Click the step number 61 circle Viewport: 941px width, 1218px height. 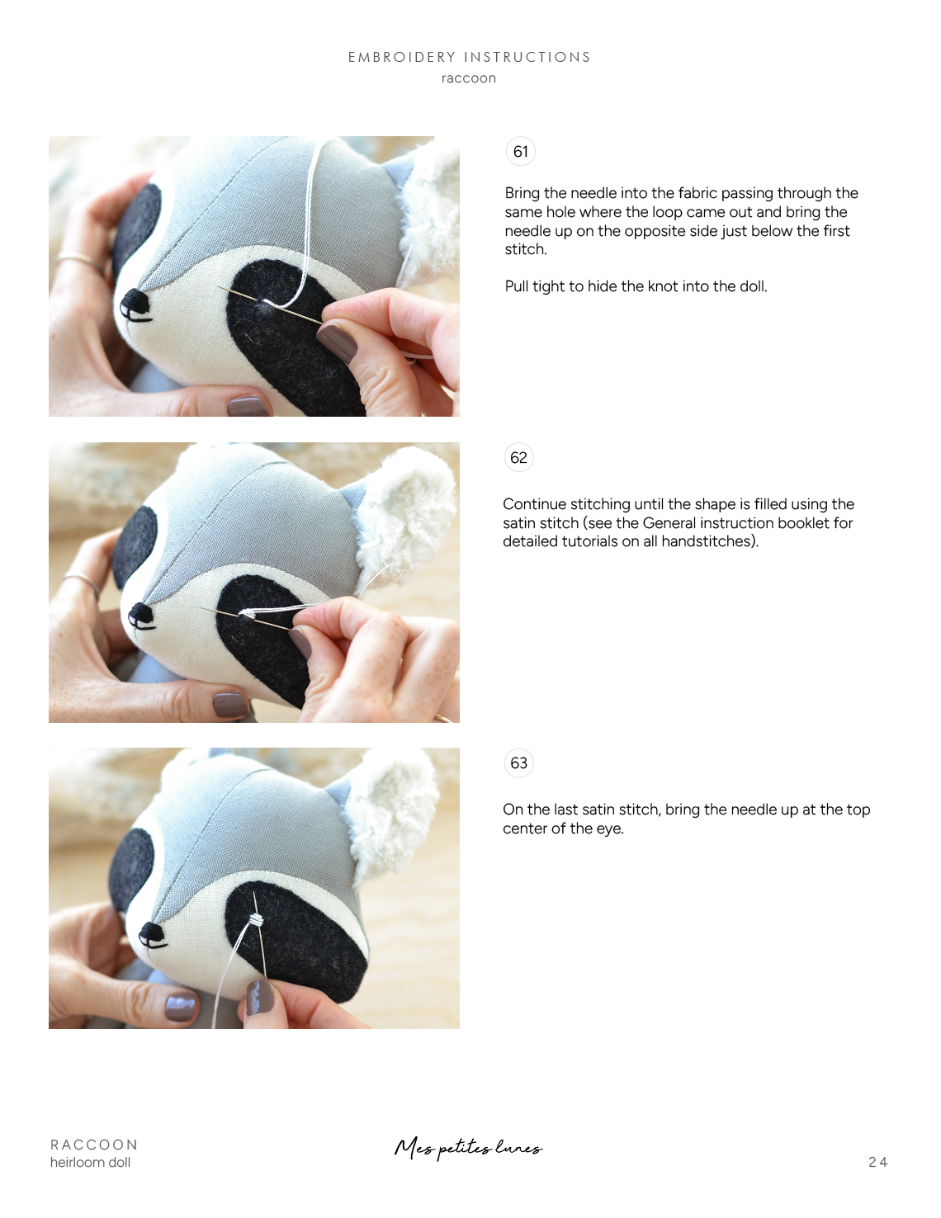pyautogui.click(x=520, y=152)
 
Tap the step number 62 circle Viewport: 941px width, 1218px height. pyautogui.click(x=518, y=458)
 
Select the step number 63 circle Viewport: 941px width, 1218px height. pyautogui.click(x=518, y=763)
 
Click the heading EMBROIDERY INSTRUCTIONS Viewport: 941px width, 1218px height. pyautogui.click(x=469, y=57)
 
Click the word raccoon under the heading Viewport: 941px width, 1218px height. pyautogui.click(x=469, y=78)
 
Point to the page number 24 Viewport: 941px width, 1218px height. pyautogui.click(x=877, y=1162)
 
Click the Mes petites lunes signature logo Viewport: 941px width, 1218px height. pyautogui.click(x=468, y=1148)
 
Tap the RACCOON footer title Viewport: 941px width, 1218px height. pyautogui.click(x=94, y=1145)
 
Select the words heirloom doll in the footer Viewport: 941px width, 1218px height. pyautogui.click(x=90, y=1162)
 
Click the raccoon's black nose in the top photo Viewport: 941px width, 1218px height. pyautogui.click(x=133, y=304)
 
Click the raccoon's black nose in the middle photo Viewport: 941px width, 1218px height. pyautogui.click(x=141, y=615)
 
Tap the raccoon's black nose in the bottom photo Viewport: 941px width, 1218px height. pyautogui.click(x=152, y=934)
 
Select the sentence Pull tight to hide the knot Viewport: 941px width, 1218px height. pyautogui.click(x=636, y=286)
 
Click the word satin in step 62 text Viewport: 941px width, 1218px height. pyautogui.click(x=520, y=523)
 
